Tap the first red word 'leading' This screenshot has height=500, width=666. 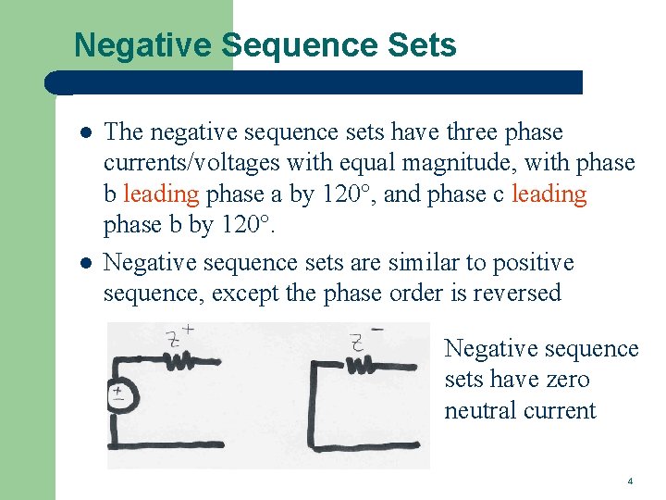coord(161,194)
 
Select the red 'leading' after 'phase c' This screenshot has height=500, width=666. coord(549,194)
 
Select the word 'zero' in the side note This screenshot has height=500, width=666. coord(567,380)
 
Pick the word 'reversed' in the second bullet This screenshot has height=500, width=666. coord(515,294)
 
